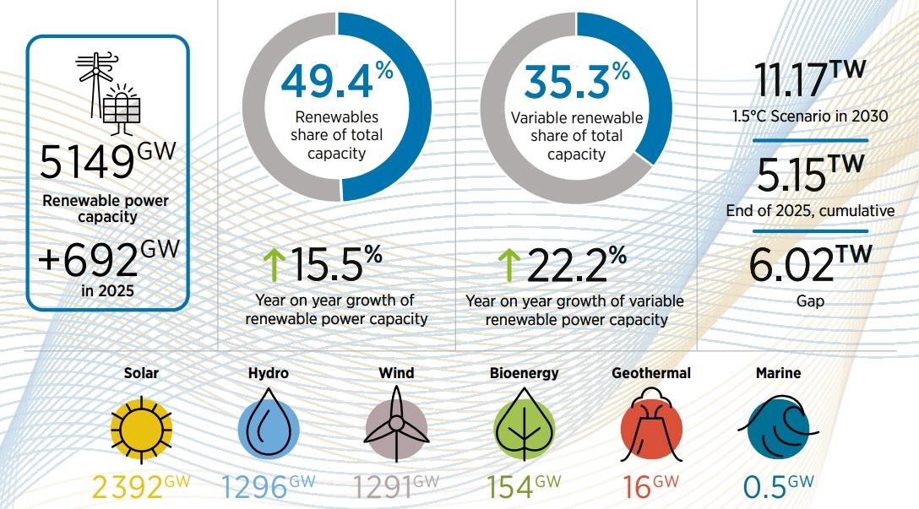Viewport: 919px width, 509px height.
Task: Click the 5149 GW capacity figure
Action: [x=108, y=160]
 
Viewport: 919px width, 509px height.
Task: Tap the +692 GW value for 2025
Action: [x=108, y=258]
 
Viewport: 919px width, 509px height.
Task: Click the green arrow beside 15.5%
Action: [x=274, y=265]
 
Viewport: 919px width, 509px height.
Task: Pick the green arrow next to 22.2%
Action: [x=508, y=265]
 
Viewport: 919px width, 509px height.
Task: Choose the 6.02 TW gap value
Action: [x=811, y=263]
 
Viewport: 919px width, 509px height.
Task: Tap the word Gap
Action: [x=811, y=301]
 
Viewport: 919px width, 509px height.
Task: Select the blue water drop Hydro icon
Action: [x=269, y=425]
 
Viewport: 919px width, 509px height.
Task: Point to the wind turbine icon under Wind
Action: [x=396, y=425]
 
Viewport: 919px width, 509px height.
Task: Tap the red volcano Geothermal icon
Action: [x=651, y=425]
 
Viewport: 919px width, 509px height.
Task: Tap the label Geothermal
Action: [x=651, y=373]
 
